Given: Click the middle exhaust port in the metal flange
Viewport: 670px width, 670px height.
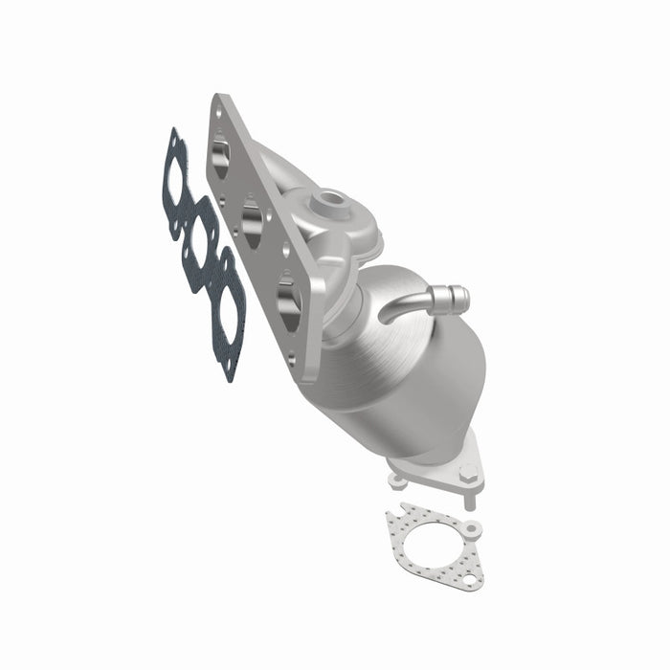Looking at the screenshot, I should [x=254, y=222].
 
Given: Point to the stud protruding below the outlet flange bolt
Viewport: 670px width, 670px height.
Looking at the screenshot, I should [x=469, y=498].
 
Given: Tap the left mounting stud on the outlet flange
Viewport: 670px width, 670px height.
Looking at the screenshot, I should [x=395, y=474].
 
